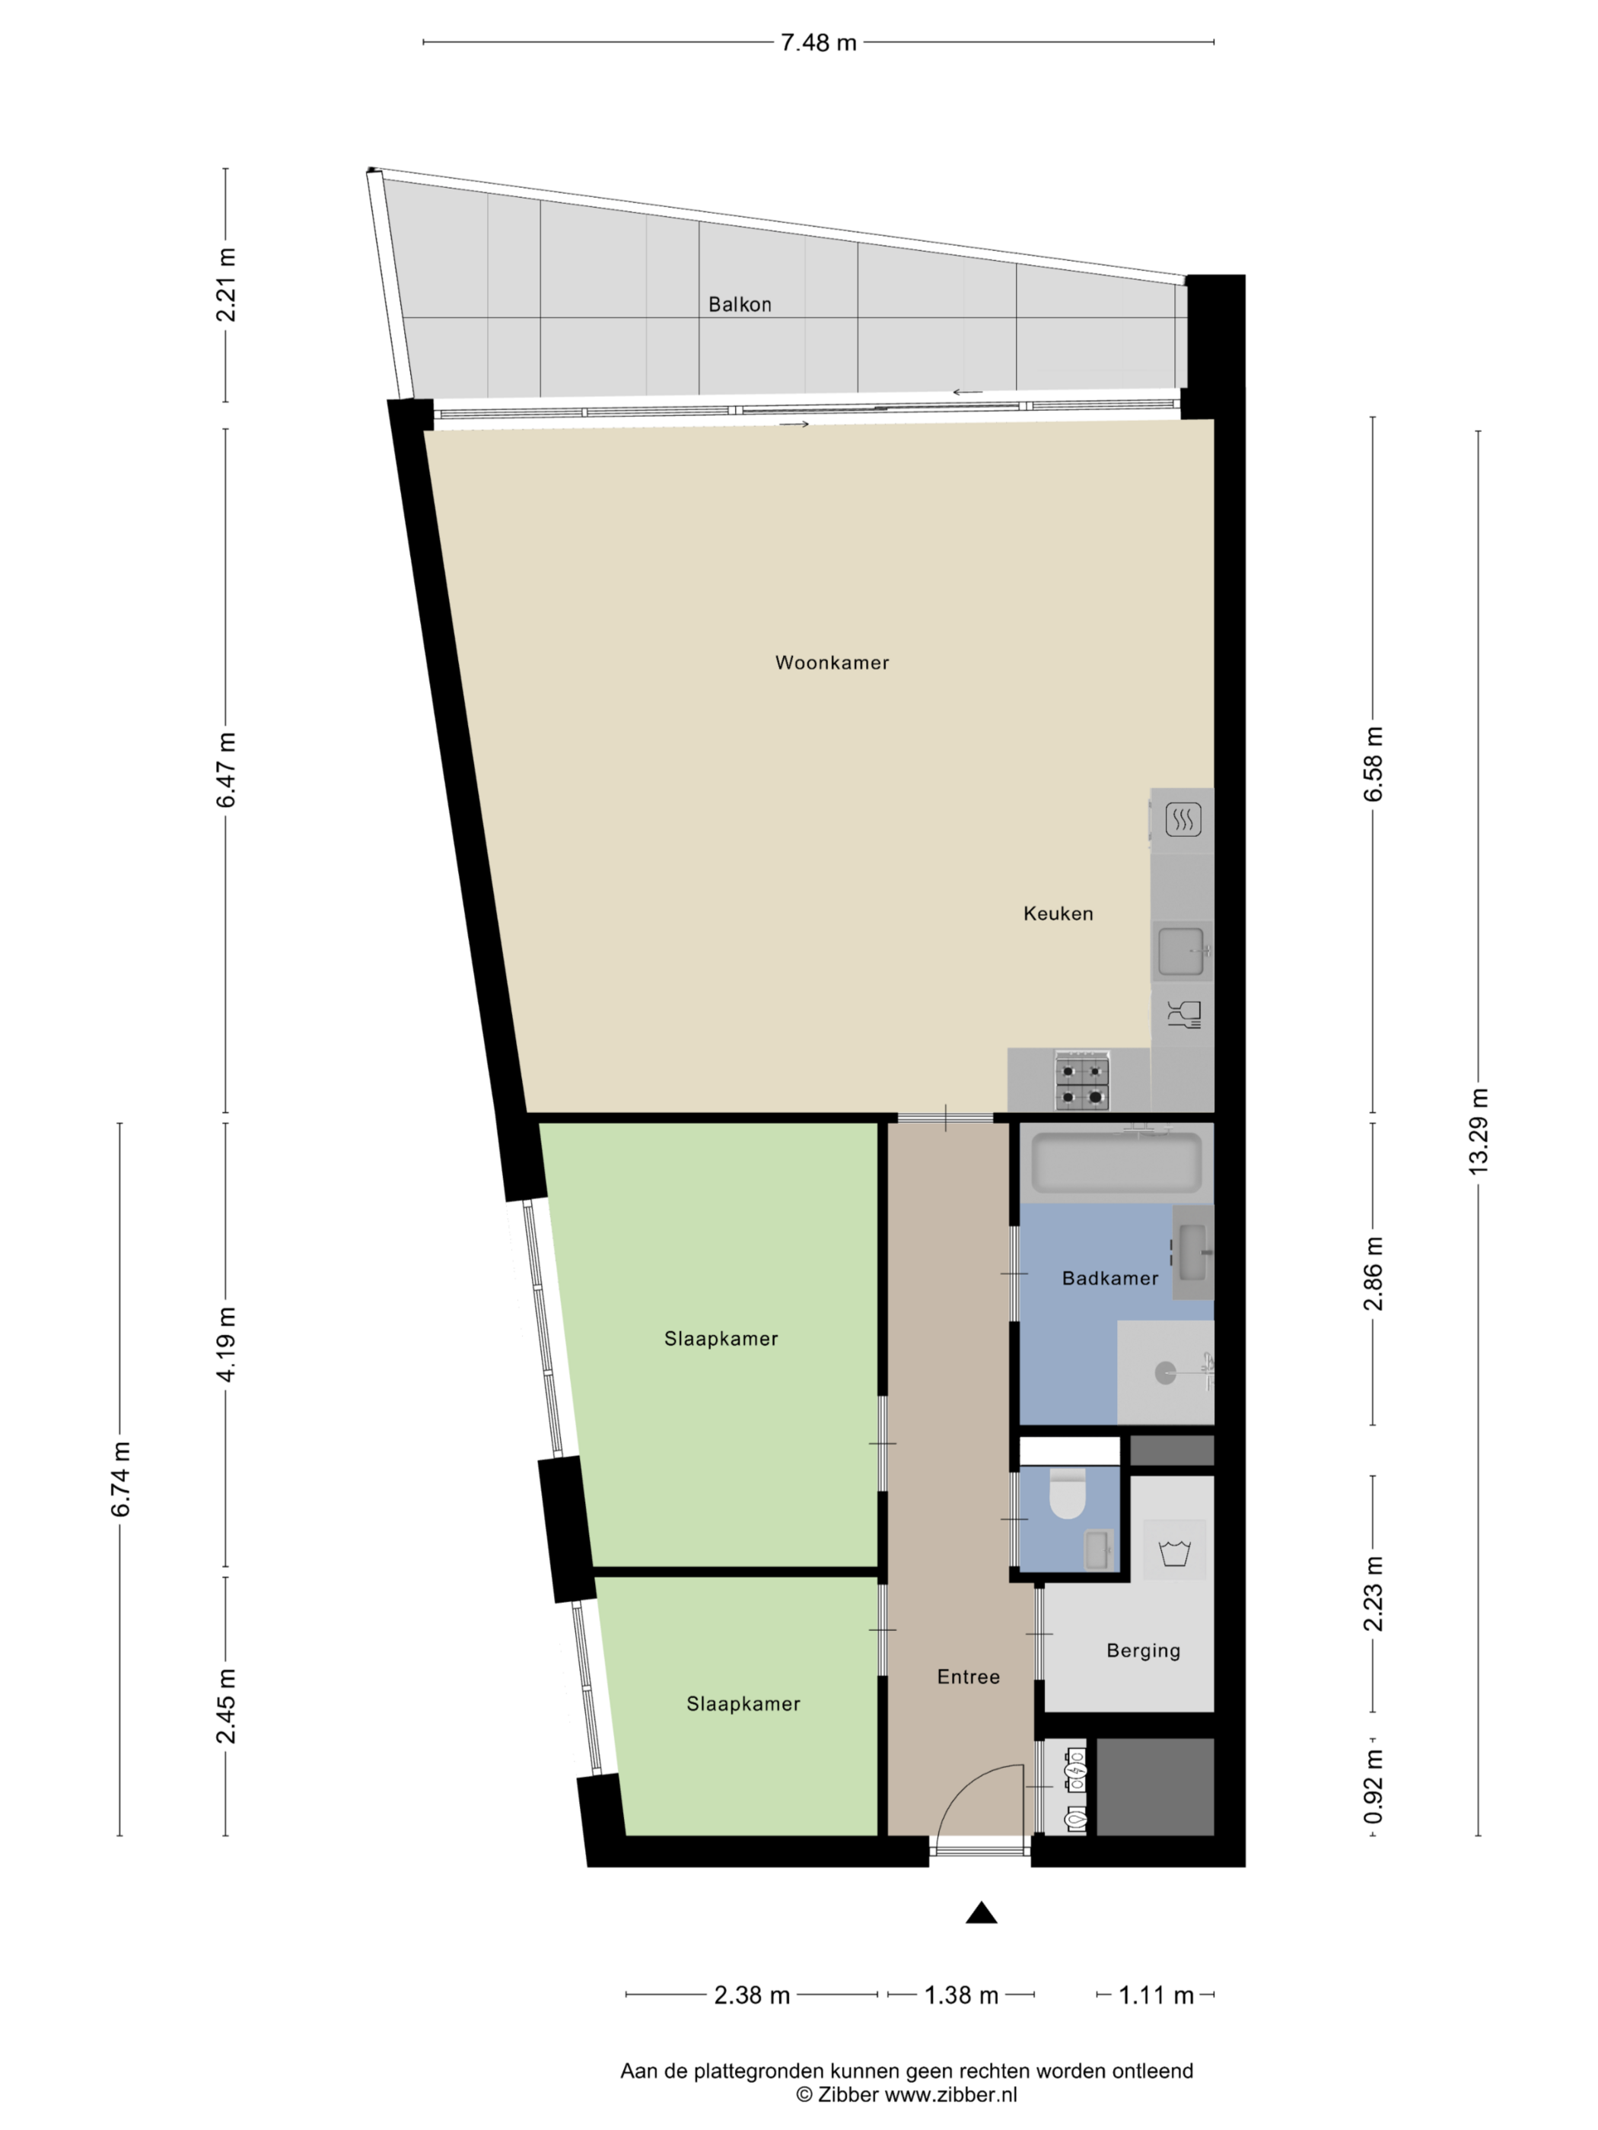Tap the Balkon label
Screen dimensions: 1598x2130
coord(740,304)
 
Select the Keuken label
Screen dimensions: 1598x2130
coord(1058,914)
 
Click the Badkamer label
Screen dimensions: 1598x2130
coord(1109,1279)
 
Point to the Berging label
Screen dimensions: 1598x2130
coord(1144,1651)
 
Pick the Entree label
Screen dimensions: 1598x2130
coord(968,1677)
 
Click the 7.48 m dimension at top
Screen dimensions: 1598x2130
coord(818,43)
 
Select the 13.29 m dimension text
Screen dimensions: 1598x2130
coord(1479,1130)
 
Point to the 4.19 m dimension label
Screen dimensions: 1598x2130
coord(226,1344)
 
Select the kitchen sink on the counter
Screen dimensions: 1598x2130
coord(1181,950)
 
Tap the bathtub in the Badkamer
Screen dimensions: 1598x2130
coord(1116,1162)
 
